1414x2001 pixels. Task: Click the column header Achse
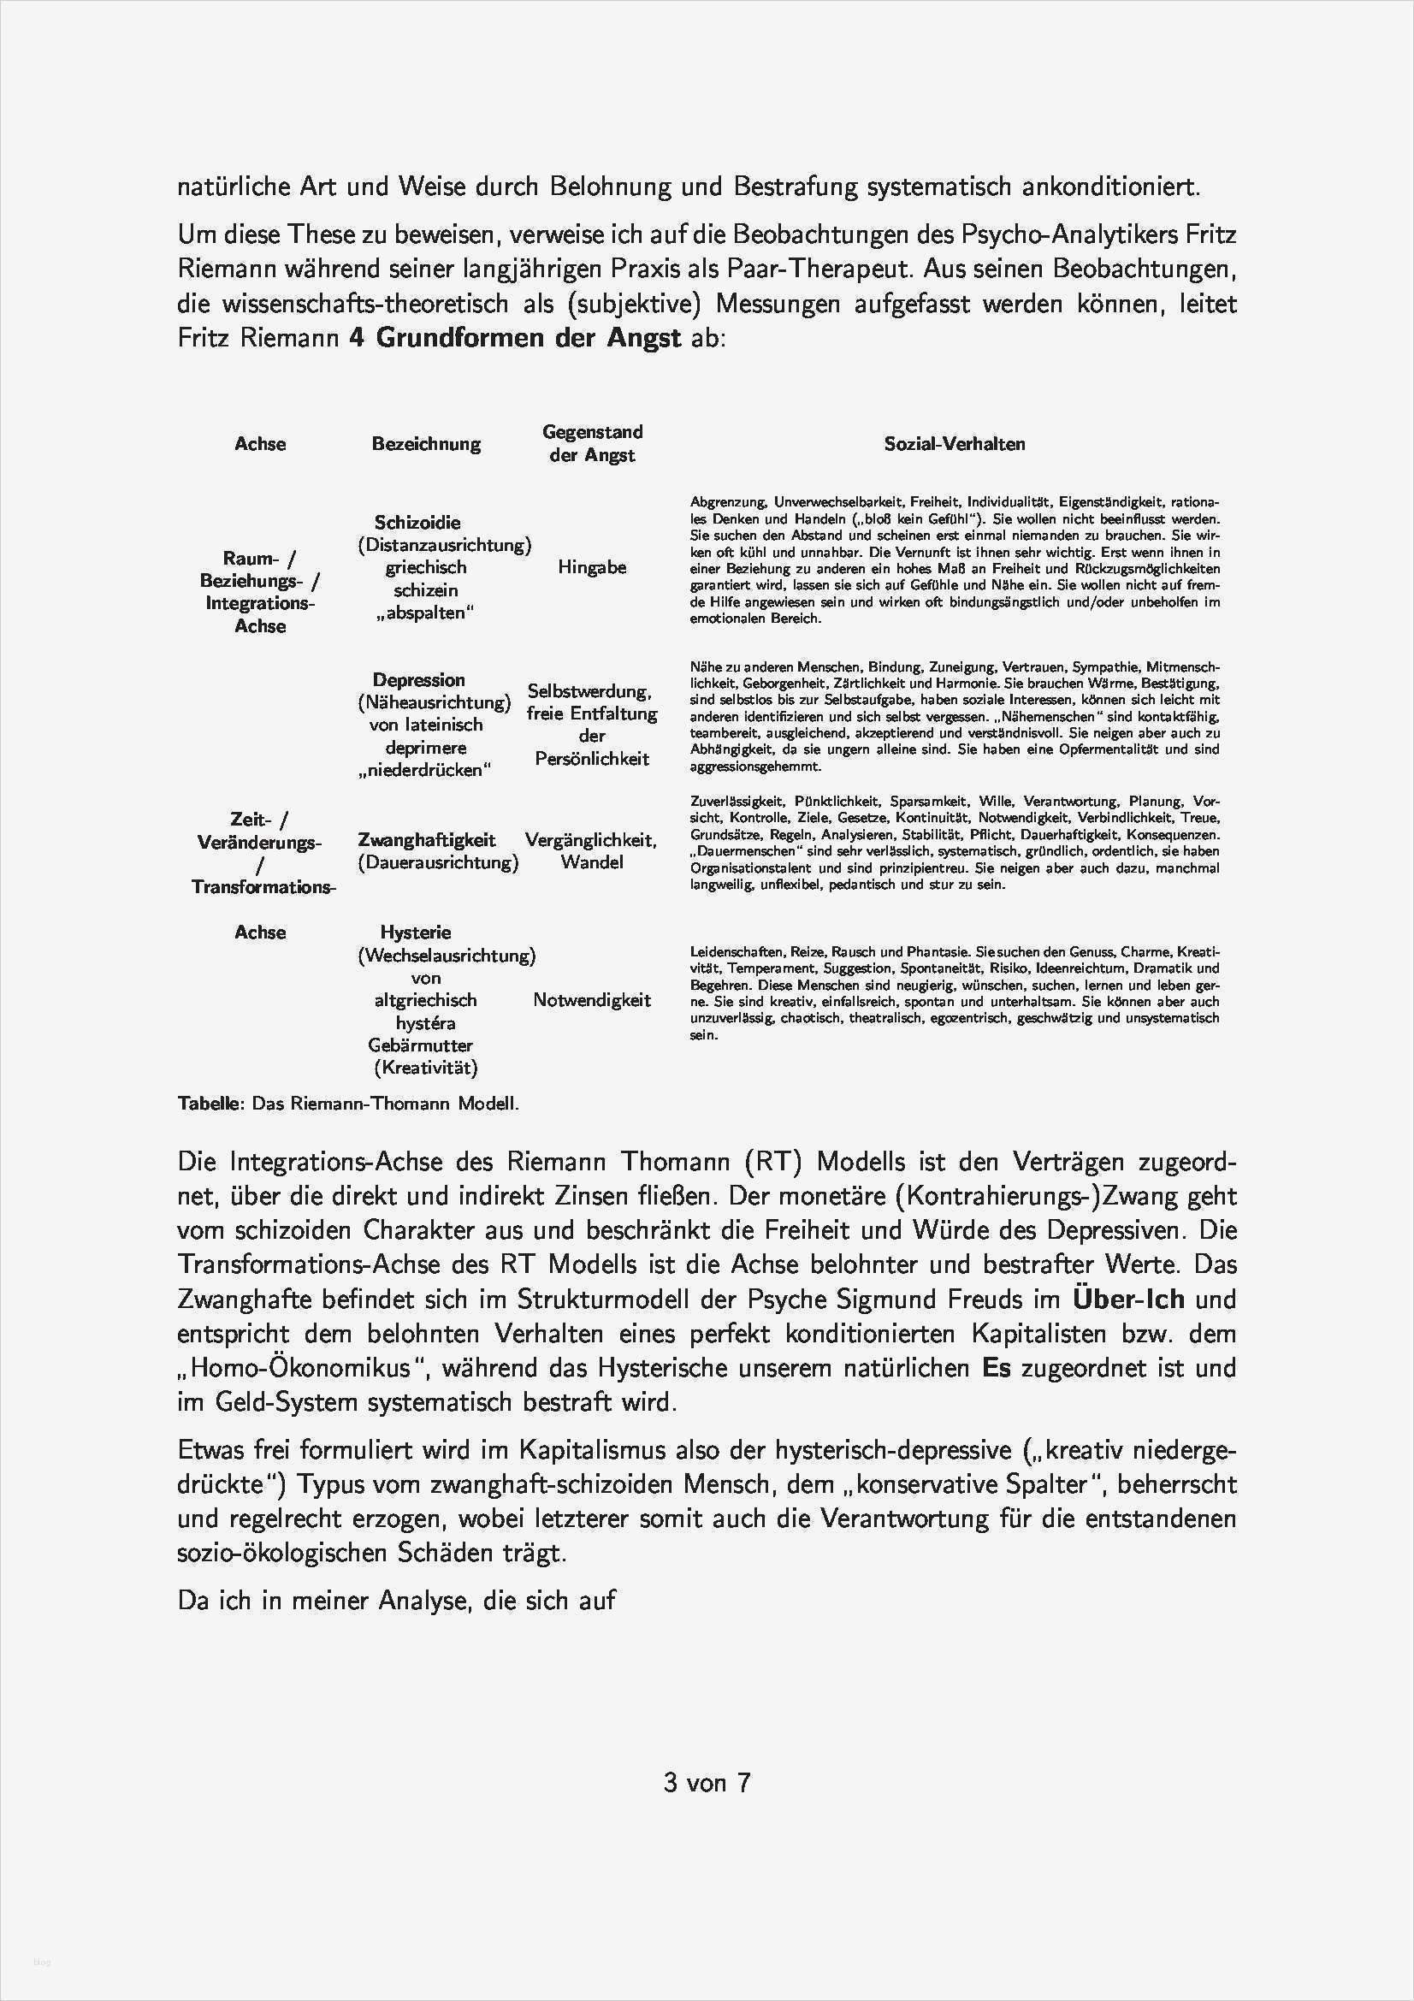click(x=260, y=444)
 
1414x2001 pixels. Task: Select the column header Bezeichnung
click(x=426, y=444)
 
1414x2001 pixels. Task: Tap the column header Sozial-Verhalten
click(x=954, y=444)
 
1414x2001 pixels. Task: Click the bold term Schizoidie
click(x=417, y=522)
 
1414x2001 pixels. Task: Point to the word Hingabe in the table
click(x=592, y=567)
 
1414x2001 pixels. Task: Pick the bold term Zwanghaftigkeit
click(x=426, y=840)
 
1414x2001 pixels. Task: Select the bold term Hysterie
click(x=416, y=932)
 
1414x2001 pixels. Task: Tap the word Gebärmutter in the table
click(x=421, y=1045)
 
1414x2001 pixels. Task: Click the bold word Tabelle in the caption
click(x=210, y=1104)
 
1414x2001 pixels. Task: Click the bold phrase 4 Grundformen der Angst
click(x=515, y=338)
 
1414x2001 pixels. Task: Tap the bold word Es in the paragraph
click(x=996, y=1367)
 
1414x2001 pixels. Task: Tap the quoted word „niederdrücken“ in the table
click(x=425, y=771)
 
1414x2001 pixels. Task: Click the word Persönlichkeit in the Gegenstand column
click(x=592, y=759)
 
